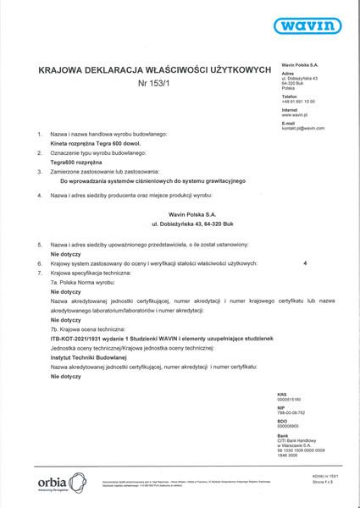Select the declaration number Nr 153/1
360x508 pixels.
point(149,83)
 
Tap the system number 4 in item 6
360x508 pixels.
point(303,263)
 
